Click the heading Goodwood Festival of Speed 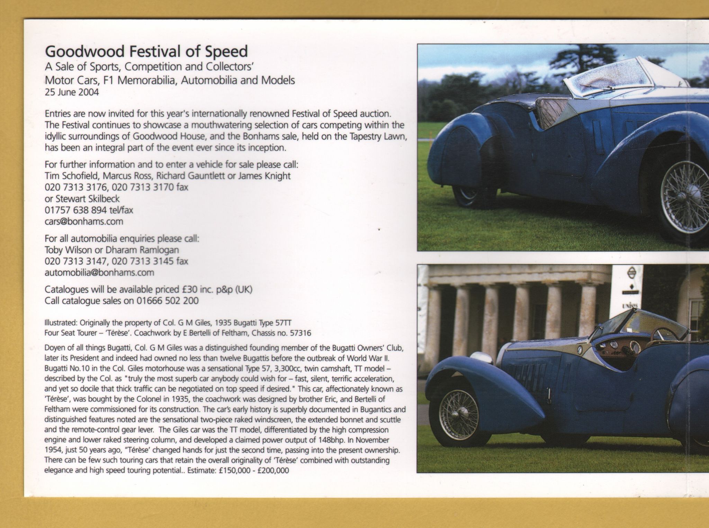(x=146, y=52)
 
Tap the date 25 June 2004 (x=72, y=92)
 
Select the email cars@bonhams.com (x=84, y=222)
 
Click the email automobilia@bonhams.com (x=99, y=272)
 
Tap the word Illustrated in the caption (x=61, y=323)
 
